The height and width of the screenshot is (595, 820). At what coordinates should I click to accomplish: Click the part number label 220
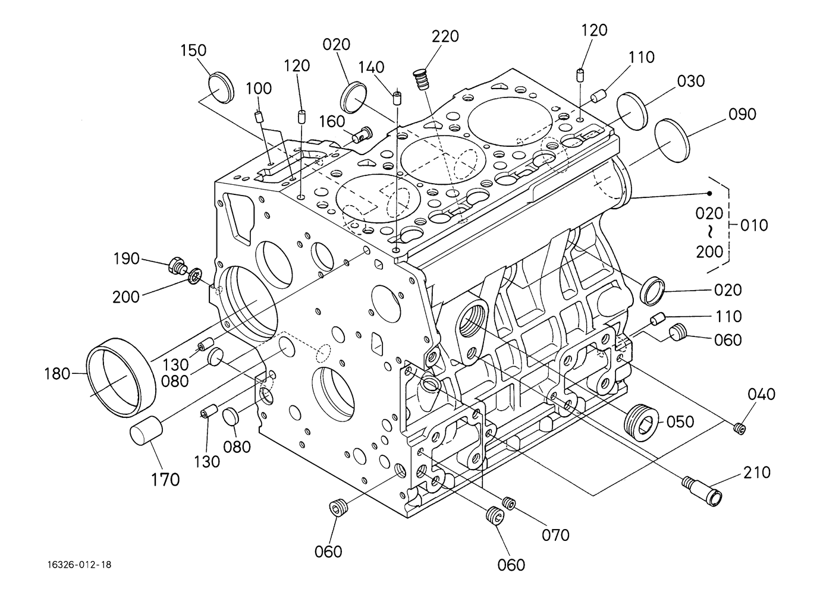pyautogui.click(x=445, y=37)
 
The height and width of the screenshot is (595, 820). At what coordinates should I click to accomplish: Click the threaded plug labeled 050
pyautogui.click(x=640, y=423)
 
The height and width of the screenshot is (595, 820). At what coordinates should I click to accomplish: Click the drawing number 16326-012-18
pyautogui.click(x=80, y=565)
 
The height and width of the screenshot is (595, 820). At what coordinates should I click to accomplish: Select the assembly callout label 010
pyautogui.click(x=754, y=225)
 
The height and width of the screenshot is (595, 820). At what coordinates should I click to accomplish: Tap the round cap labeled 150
pyautogui.click(x=221, y=88)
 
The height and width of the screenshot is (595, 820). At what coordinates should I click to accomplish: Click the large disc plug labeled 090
pyautogui.click(x=672, y=140)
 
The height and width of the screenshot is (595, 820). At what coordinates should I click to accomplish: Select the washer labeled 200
pyautogui.click(x=195, y=276)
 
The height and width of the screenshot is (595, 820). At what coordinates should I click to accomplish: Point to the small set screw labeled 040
pyautogui.click(x=740, y=429)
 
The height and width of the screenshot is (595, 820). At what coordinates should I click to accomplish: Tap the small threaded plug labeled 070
pyautogui.click(x=509, y=503)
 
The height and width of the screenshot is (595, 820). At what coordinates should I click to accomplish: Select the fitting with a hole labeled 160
pyautogui.click(x=362, y=134)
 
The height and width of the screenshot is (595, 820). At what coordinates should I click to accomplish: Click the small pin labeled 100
pyautogui.click(x=259, y=117)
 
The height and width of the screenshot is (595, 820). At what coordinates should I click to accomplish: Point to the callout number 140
pyautogui.click(x=371, y=67)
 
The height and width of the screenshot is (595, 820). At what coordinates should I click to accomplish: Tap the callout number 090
pyautogui.click(x=742, y=115)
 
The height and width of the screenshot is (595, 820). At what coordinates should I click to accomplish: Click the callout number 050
pyautogui.click(x=680, y=422)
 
